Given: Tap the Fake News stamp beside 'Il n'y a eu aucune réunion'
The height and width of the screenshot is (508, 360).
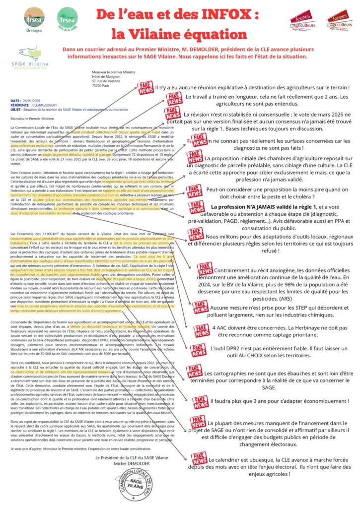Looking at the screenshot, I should pos(146,88).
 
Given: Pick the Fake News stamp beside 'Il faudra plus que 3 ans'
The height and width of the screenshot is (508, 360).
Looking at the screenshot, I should pos(201,400).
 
